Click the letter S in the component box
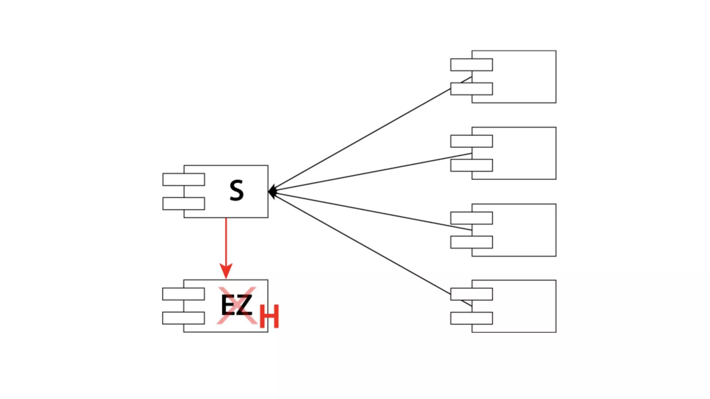[237, 190]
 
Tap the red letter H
[269, 317]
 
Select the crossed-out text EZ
[236, 305]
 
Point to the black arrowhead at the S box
[272, 192]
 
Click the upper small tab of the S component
[184, 179]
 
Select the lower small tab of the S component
[184, 204]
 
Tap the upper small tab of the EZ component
[183, 294]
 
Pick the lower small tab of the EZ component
[183, 318]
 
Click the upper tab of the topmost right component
[471, 65]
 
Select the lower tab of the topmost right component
[471, 89]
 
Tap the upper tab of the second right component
[471, 141]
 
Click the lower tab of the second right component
[471, 165]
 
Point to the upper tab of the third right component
[471, 218]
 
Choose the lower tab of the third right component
[471, 242]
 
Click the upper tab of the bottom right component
[471, 294]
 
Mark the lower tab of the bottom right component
[471, 318]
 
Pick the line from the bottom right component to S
[361, 242]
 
